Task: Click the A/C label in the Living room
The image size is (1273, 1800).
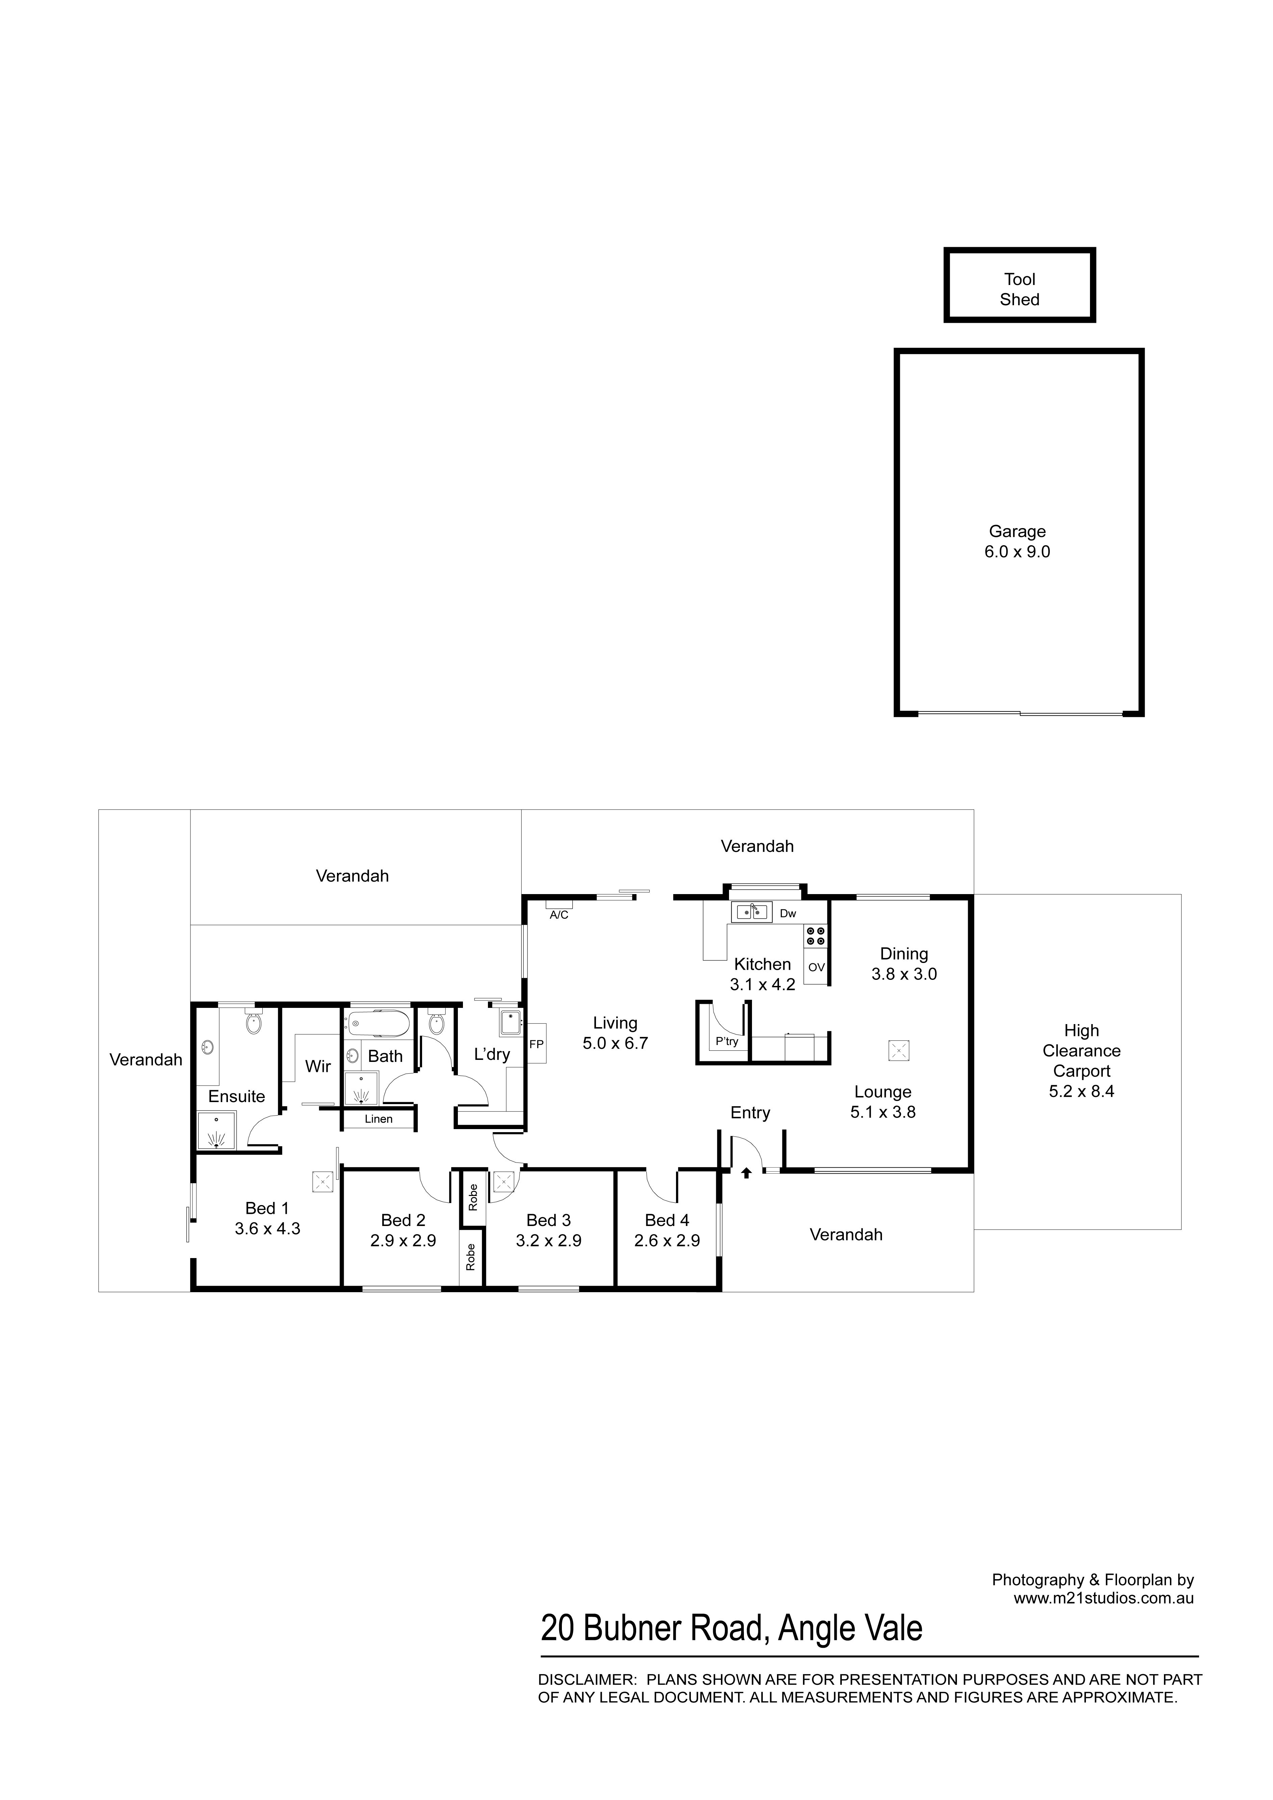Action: click(559, 915)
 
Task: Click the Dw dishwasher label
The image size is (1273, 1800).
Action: click(788, 913)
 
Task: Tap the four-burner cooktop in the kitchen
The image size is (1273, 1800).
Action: click(816, 935)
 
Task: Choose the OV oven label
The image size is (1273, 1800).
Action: click(816, 967)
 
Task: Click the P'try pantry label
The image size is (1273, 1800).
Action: click(727, 1042)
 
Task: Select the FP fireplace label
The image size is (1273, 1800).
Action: click(536, 1044)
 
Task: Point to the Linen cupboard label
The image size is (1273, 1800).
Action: click(379, 1119)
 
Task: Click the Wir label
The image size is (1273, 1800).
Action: click(318, 1066)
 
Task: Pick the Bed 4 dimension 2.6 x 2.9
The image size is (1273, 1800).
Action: click(667, 1241)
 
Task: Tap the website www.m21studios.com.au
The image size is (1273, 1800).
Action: click(1104, 1598)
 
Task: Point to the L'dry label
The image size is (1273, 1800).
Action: click(492, 1054)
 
